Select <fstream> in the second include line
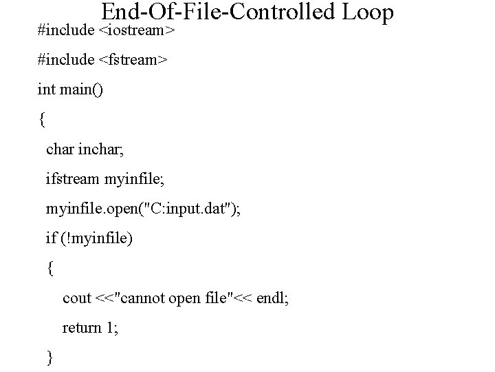pyautogui.click(x=133, y=61)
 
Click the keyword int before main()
pyautogui.click(x=45, y=90)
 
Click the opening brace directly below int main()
pyautogui.click(x=42, y=120)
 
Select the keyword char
pyautogui.click(x=60, y=149)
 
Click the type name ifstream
pyautogui.click(x=72, y=179)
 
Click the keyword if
pyautogui.click(x=50, y=238)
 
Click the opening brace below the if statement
pyautogui.click(x=49, y=268)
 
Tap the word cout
pyautogui.click(x=77, y=298)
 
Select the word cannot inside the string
pyautogui.click(x=148, y=298)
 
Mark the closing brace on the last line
pyautogui.click(x=49, y=357)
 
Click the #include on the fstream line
pyautogui.click(x=66, y=61)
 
